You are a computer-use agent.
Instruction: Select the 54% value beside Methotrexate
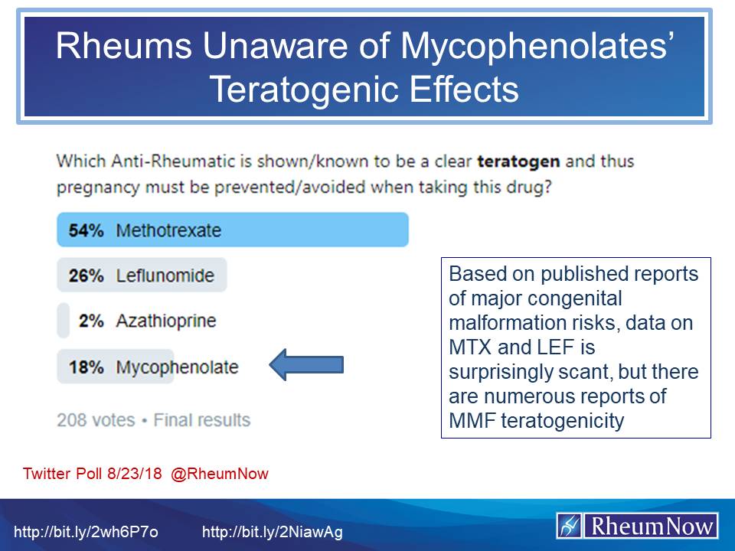tap(86, 230)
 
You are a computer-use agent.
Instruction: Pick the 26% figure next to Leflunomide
tap(86, 275)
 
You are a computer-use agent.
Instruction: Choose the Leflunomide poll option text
tap(165, 275)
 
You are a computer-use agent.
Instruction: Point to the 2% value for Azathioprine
tap(90, 321)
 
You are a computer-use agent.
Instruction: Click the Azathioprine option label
tap(165, 321)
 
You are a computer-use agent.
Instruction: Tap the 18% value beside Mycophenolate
tap(86, 367)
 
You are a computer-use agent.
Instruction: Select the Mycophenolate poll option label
tap(177, 367)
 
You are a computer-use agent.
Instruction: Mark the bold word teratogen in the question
tap(518, 162)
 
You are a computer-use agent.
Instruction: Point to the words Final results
tap(202, 420)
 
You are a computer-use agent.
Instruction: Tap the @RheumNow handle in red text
tap(220, 474)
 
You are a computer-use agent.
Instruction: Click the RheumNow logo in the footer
tap(637, 527)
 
